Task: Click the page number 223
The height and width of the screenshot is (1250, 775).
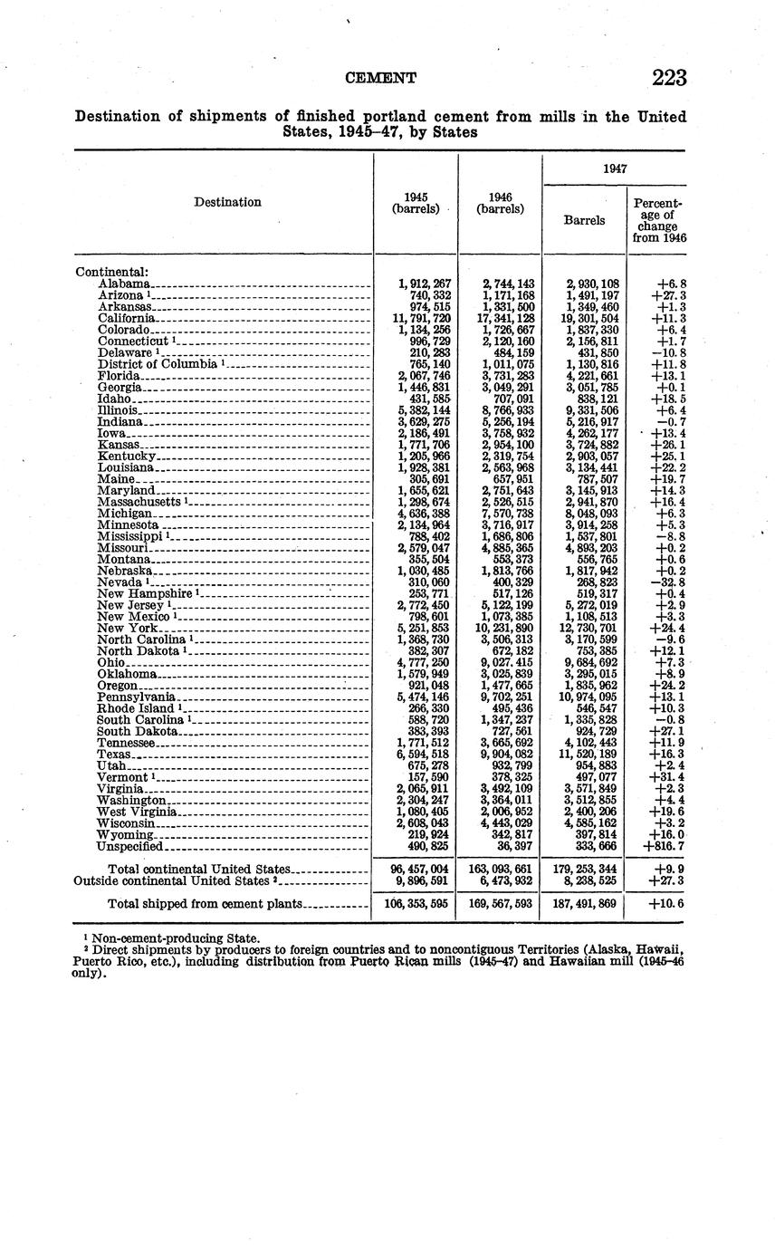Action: click(x=669, y=79)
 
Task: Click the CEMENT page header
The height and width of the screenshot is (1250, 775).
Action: click(x=381, y=79)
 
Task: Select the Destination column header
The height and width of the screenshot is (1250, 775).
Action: click(x=227, y=202)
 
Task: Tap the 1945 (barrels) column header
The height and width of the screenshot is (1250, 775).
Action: click(x=416, y=203)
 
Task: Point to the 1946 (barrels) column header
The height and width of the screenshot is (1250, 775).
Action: click(x=500, y=203)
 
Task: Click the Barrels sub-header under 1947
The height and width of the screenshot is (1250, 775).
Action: click(x=584, y=219)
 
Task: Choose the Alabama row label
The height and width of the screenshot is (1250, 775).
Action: click(x=123, y=284)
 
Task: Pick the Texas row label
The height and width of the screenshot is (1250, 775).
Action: click(x=114, y=754)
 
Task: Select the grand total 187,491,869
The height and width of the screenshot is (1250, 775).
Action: click(x=584, y=904)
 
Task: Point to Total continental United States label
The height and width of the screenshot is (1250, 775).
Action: click(x=198, y=869)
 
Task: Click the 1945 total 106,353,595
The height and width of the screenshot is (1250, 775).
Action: click(x=416, y=904)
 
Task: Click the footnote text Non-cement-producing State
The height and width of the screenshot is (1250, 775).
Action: click(x=174, y=937)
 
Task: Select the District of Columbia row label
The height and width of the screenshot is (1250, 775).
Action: click(x=157, y=364)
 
